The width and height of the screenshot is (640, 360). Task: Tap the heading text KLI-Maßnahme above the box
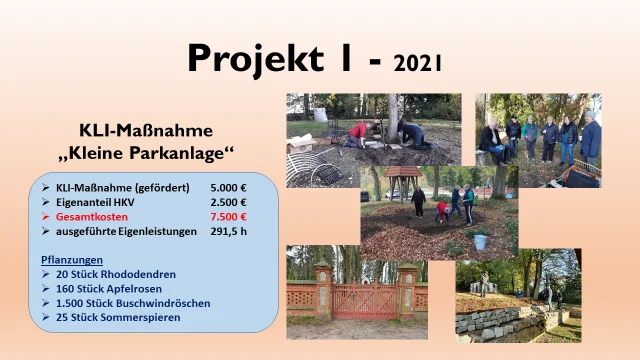[146, 130]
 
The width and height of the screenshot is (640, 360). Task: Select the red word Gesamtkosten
[96, 216]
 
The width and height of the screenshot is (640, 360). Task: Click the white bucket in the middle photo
[479, 241]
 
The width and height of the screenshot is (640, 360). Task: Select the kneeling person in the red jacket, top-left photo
[358, 132]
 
